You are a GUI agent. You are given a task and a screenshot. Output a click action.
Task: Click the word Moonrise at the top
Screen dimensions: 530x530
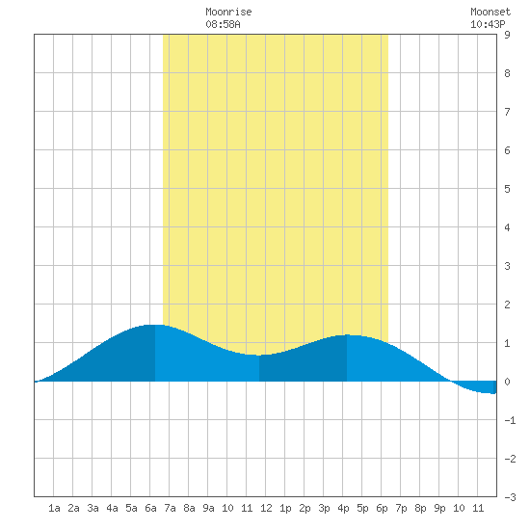click(228, 12)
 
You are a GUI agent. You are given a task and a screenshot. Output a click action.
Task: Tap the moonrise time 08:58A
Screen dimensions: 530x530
click(223, 24)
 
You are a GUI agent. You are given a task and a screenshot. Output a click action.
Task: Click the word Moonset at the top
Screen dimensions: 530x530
click(490, 12)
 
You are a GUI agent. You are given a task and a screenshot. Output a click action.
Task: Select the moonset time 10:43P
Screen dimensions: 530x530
click(488, 24)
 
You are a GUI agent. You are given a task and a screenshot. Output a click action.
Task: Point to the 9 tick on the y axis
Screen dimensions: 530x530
click(507, 35)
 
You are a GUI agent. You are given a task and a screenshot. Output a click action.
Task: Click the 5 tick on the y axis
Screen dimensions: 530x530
click(507, 189)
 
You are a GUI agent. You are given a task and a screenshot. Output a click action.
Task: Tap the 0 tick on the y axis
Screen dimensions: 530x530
click(507, 382)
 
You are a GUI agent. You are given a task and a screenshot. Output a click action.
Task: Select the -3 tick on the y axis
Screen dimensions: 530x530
click(510, 497)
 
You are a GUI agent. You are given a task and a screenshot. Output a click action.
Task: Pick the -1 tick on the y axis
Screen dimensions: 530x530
click(510, 420)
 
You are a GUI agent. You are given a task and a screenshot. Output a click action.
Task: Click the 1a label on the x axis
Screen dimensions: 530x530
click(54, 508)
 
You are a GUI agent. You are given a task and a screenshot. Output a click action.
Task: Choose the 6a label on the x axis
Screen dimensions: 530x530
click(150, 508)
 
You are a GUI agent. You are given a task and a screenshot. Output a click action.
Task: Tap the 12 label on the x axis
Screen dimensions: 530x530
click(266, 508)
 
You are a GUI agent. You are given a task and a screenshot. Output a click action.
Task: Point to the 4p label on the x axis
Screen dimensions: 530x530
click(343, 508)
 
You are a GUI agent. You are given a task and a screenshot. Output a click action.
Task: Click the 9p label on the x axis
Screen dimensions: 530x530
click(439, 508)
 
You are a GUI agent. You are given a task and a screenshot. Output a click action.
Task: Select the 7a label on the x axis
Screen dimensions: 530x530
click(170, 508)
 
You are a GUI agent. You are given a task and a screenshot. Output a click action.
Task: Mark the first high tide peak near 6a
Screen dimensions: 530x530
click(155, 325)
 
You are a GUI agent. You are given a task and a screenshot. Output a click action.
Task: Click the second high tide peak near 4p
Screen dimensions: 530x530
click(347, 335)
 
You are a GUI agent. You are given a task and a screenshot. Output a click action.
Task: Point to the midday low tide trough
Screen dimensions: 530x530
click(259, 356)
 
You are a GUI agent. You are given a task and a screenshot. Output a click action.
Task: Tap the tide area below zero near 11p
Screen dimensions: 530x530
click(477, 386)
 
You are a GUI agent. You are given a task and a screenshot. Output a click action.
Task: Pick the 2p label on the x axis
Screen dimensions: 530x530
click(305, 508)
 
